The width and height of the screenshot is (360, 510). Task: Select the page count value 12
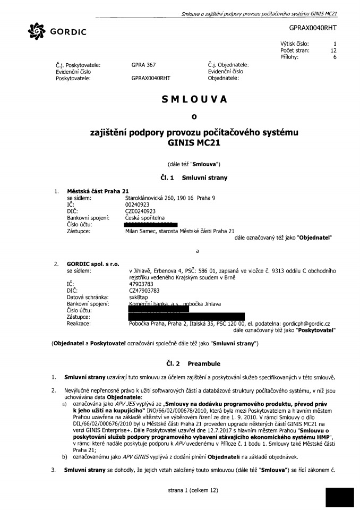pos(333,51)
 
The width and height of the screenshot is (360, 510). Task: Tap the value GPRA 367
pos(143,65)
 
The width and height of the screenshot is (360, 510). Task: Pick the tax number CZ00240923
pos(140,211)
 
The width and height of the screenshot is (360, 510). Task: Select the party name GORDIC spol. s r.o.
pos(91,263)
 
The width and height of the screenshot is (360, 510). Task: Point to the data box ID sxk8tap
pos(139,297)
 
